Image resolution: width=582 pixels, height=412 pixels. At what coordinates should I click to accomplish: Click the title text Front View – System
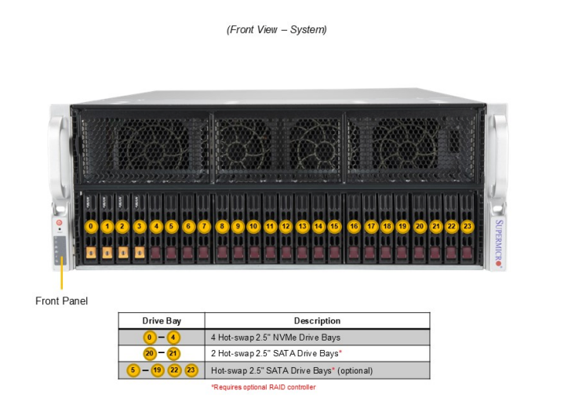pyautogui.click(x=277, y=30)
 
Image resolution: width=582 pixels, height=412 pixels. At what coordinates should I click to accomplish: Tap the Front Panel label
pyautogui.click(x=62, y=301)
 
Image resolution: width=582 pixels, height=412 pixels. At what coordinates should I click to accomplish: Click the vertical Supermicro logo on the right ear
pyautogui.click(x=498, y=240)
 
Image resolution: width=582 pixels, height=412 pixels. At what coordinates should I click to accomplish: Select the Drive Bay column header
pyautogui.click(x=162, y=321)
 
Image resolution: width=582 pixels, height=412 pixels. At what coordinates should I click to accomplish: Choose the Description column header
pyautogui.click(x=317, y=321)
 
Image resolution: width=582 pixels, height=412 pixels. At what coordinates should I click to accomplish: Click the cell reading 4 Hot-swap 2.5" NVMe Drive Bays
pyautogui.click(x=275, y=337)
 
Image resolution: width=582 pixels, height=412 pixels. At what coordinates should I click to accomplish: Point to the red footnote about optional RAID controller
pyautogui.click(x=263, y=387)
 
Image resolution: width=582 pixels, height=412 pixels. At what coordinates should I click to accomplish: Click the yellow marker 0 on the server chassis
pyautogui.click(x=91, y=227)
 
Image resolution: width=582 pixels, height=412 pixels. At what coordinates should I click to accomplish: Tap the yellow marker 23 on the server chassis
pyautogui.click(x=468, y=227)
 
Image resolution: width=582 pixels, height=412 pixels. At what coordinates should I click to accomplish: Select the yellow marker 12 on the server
pyautogui.click(x=286, y=227)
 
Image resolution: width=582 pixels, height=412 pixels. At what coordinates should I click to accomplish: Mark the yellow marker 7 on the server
pyautogui.click(x=204, y=227)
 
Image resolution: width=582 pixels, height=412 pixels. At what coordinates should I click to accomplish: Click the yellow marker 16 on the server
pyautogui.click(x=354, y=227)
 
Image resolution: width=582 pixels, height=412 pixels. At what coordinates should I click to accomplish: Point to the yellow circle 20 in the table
pyautogui.click(x=150, y=353)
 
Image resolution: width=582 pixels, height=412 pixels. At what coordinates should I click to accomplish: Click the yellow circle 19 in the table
pyautogui.click(x=157, y=370)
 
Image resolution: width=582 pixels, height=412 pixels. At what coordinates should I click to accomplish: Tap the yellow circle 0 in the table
pyautogui.click(x=150, y=337)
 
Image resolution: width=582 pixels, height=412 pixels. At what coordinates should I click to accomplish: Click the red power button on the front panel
pyautogui.click(x=59, y=224)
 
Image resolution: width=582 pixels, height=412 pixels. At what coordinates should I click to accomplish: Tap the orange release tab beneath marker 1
pyautogui.click(x=107, y=253)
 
